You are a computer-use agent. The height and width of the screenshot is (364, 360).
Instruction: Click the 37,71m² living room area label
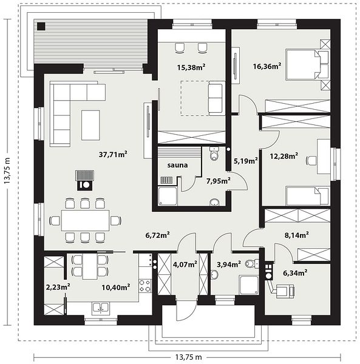[113, 154]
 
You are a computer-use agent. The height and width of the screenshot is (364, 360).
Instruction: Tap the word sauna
[178, 165]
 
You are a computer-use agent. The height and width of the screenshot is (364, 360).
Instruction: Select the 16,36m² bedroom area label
[267, 66]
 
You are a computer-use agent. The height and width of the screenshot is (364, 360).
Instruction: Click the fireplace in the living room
[85, 180]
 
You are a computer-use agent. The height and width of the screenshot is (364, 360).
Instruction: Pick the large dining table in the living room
[85, 220]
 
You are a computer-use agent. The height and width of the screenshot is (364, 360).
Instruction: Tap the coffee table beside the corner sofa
[90, 125]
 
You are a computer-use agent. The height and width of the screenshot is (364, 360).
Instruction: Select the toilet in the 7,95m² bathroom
[214, 153]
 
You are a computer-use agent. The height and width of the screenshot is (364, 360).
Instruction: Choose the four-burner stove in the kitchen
[144, 286]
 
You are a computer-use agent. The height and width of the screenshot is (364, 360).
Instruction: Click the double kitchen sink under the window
[100, 308]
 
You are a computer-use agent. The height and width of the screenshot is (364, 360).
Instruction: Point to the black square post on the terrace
[41, 26]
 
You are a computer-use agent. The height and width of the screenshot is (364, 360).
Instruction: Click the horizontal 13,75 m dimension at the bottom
[188, 357]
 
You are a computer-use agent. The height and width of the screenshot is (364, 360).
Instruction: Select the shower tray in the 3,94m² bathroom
[249, 285]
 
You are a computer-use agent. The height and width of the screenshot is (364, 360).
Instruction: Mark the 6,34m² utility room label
[295, 272]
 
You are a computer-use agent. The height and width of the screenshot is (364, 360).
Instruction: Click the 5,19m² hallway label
[245, 161]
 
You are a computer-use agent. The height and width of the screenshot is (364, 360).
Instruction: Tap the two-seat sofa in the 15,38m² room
[217, 98]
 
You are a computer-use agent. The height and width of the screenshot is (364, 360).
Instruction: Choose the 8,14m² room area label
[297, 235]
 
